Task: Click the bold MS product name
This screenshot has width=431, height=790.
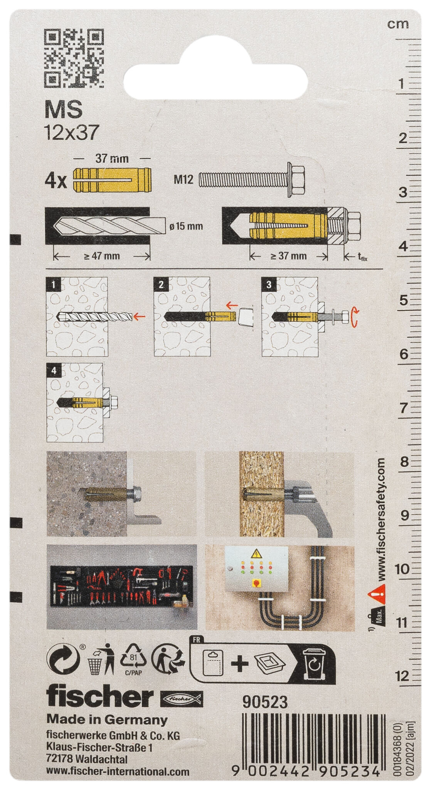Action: tap(63, 110)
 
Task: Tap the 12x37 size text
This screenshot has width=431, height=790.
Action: tap(72, 133)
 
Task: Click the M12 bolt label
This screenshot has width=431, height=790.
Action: tap(184, 179)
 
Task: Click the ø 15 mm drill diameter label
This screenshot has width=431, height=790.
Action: tap(186, 226)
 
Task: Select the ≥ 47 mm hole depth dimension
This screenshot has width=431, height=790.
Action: tap(102, 256)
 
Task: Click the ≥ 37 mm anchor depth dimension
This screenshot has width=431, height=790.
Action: tap(288, 256)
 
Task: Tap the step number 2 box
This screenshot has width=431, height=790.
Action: tap(161, 285)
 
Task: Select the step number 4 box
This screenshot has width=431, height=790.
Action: tap(54, 371)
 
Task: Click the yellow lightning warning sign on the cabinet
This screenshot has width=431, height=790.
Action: tap(256, 555)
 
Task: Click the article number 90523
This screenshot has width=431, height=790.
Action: tap(265, 702)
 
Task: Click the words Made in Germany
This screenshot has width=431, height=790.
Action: tap(107, 720)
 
